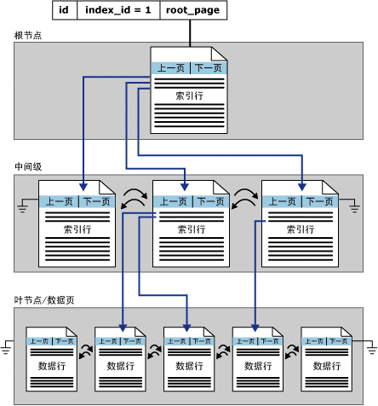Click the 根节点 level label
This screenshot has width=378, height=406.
click(28, 35)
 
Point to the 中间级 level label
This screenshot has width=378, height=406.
click(28, 165)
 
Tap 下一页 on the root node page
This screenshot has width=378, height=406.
click(208, 68)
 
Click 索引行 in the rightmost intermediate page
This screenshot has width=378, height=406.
click(299, 229)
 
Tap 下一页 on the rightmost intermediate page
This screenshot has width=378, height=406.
click(319, 202)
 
